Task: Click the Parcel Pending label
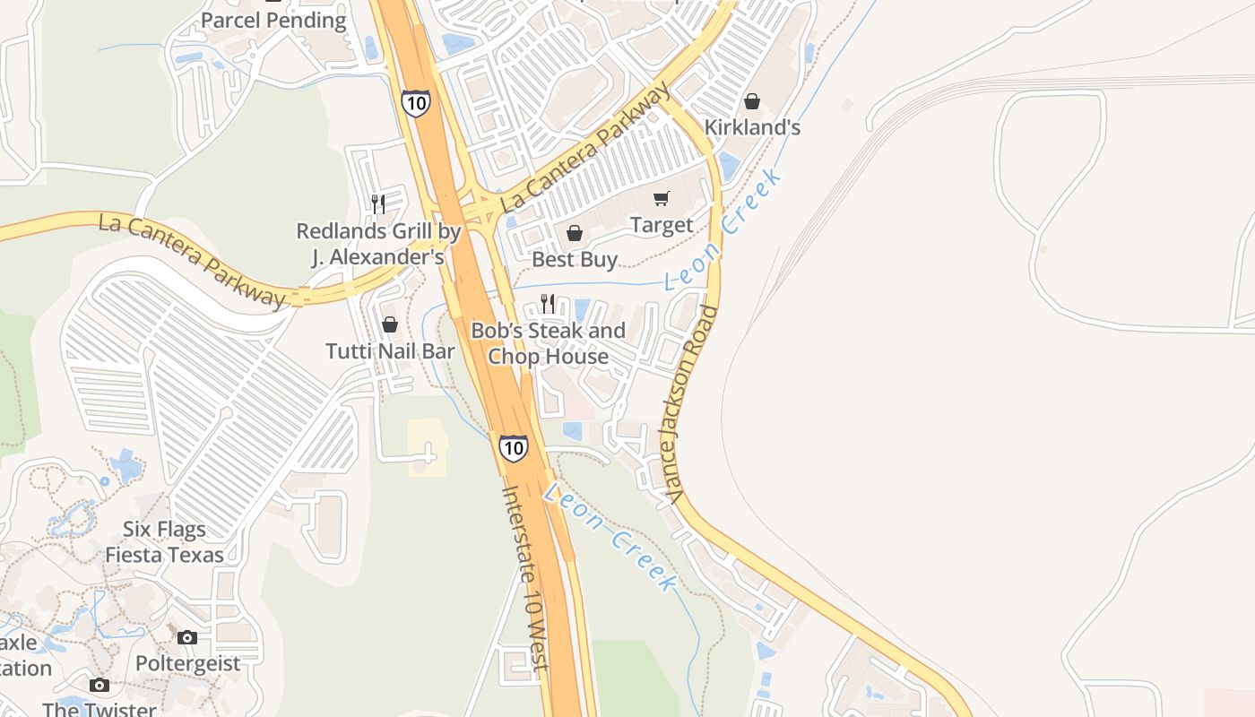[273, 21]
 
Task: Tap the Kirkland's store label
[752, 127]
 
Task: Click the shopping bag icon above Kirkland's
[752, 101]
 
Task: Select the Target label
[662, 225]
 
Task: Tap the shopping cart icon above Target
[662, 198]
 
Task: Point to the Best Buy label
[575, 260]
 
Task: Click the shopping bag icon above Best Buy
[575, 233]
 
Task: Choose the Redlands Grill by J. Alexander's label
[378, 244]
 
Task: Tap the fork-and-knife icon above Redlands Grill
[378, 204]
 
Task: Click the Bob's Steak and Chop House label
[548, 343]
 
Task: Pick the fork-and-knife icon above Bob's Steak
[548, 304]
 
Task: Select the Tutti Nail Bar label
[390, 350]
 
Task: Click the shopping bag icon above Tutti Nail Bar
[390, 324]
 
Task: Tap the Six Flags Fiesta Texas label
[164, 542]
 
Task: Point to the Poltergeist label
[188, 664]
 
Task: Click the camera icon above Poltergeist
[187, 638]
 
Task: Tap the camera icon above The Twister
[100, 686]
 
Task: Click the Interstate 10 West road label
[524, 578]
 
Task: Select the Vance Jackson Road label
[695, 403]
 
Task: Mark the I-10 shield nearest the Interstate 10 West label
[514, 447]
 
